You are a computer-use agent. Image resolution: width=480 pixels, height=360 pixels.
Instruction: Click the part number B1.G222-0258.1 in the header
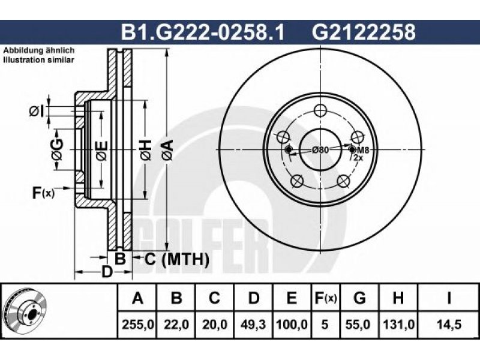point(203,32)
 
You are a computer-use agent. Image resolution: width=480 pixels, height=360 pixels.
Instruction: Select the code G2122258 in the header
point(364,32)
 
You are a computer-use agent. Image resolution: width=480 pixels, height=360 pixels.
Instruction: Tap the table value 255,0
point(138,324)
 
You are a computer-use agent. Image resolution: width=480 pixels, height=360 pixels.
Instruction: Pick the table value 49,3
point(253,324)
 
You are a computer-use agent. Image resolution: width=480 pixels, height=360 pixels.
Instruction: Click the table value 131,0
point(398,324)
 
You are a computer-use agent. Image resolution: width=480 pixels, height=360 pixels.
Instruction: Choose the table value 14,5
point(449,324)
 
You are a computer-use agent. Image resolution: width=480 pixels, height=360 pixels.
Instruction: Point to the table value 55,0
point(359,324)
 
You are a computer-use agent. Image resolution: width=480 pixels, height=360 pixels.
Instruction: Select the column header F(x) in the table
point(325,298)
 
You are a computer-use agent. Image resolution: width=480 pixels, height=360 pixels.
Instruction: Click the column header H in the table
point(398,298)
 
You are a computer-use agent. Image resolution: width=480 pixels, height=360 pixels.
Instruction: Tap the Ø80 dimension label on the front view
point(320,150)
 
